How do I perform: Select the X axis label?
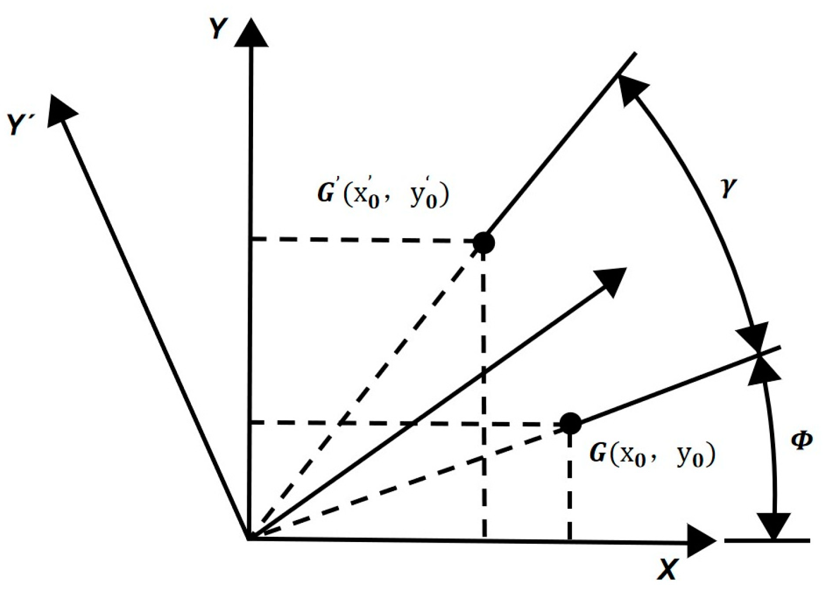coord(668,569)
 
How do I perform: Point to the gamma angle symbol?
coord(728,188)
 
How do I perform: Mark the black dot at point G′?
coord(484,242)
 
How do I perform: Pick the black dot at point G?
coord(570,424)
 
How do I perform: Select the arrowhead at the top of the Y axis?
coord(251,33)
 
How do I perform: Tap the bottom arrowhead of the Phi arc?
coord(773,525)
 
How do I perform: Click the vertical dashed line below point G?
coord(569,483)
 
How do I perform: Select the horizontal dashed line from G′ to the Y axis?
coord(365,240)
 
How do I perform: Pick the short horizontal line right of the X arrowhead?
coord(767,540)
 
